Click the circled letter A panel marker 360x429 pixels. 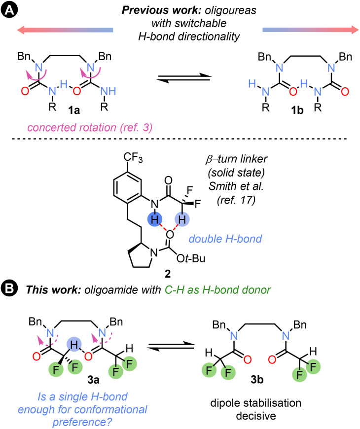[9, 9]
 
